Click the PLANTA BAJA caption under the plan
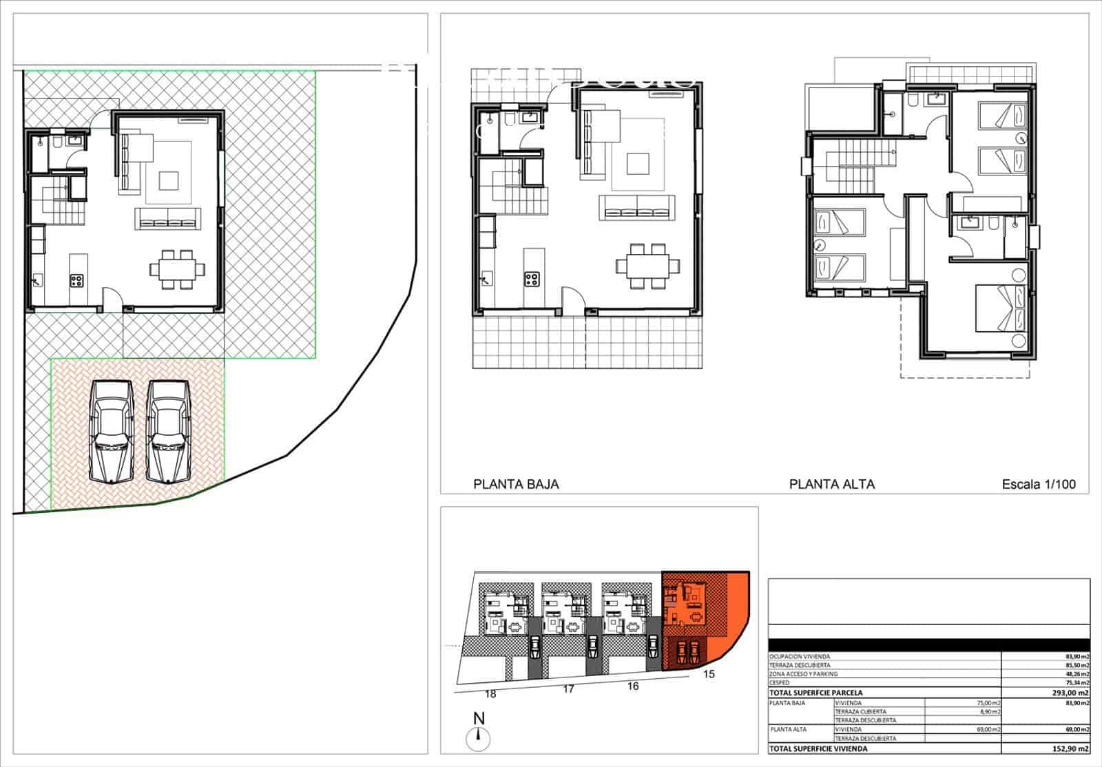pyautogui.click(x=516, y=484)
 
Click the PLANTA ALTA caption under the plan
pyautogui.click(x=832, y=484)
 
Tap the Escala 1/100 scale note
pyautogui.click(x=1039, y=484)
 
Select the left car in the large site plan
pyautogui.click(x=112, y=432)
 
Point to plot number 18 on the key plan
pyautogui.click(x=490, y=694)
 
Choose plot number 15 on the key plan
pyautogui.click(x=709, y=674)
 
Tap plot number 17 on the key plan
pyautogui.click(x=568, y=689)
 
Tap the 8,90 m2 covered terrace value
pyautogui.click(x=987, y=712)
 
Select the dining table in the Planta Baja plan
pyautogui.click(x=647, y=265)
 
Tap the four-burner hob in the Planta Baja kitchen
pyautogui.click(x=532, y=279)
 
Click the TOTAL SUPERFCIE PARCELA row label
pyautogui.click(x=816, y=693)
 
